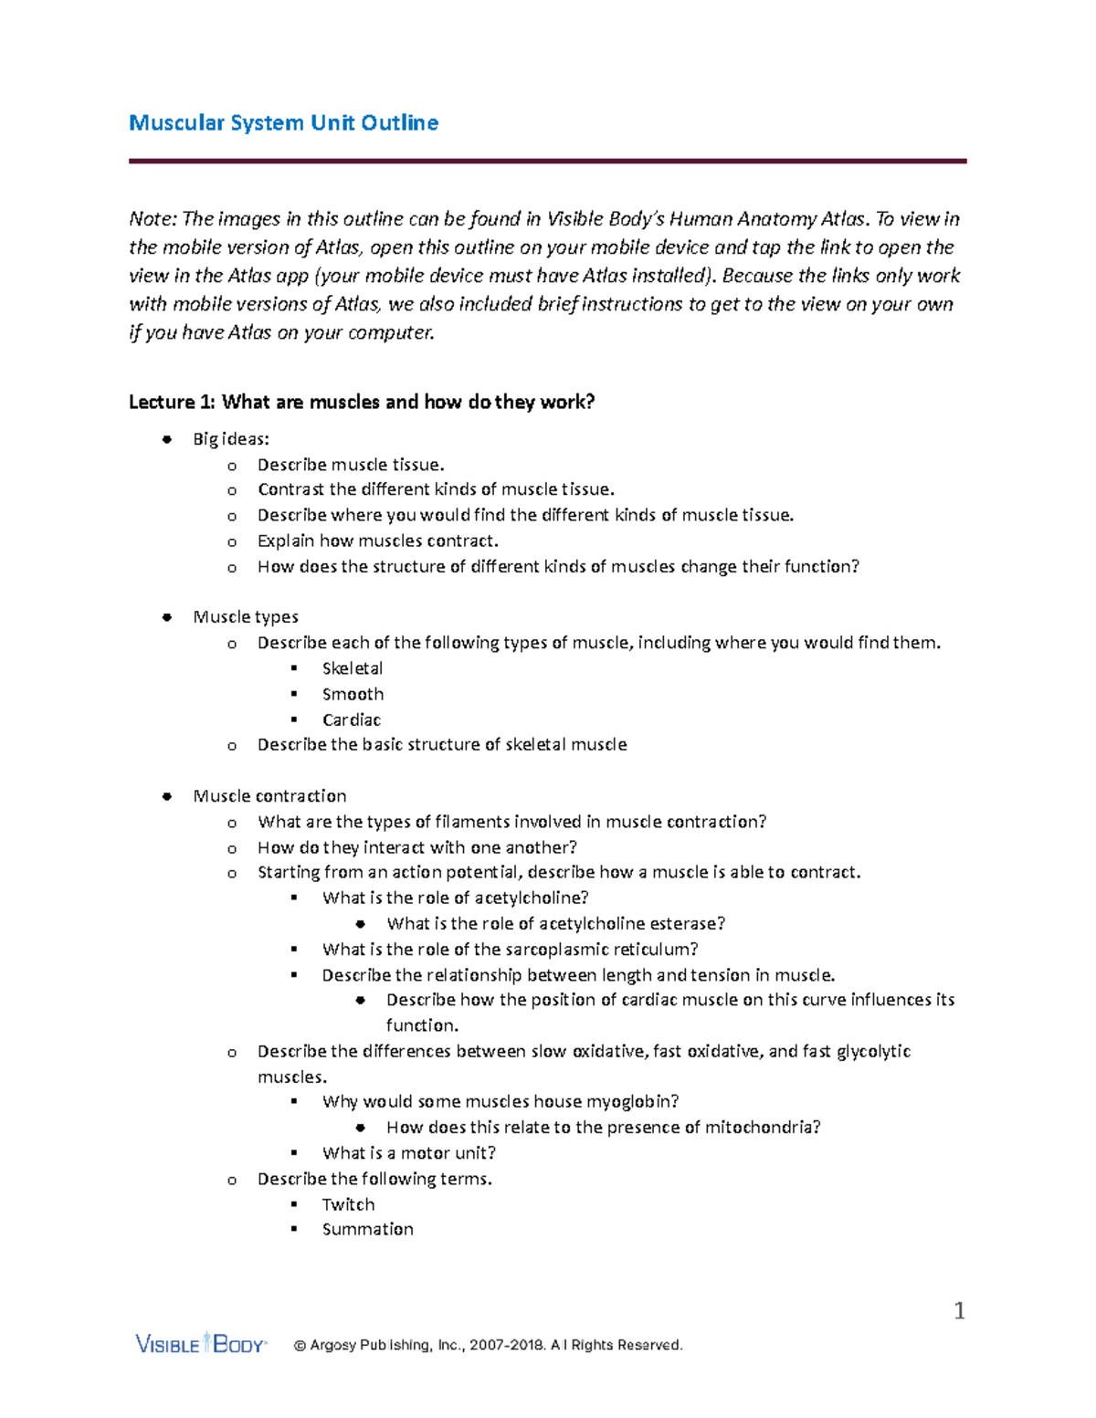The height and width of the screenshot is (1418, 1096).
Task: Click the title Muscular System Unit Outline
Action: [283, 122]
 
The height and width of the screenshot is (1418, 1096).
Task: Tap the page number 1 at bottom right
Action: [959, 1311]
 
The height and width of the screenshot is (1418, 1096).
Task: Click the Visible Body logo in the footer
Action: [200, 1343]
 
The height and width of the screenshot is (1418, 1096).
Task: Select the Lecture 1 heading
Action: [362, 402]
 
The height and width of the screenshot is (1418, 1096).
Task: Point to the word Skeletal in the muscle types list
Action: [353, 668]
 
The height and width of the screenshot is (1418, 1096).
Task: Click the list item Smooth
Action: [353, 694]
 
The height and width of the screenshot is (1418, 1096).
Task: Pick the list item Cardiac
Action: [351, 720]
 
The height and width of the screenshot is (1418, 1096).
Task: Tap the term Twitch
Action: [348, 1204]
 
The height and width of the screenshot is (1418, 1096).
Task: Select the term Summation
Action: [367, 1229]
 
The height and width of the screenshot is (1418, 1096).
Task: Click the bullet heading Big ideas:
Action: [231, 439]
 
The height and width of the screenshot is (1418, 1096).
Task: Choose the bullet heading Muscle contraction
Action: [269, 796]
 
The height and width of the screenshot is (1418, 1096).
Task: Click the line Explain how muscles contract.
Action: [377, 541]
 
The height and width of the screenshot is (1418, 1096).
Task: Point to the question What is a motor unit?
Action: [408, 1152]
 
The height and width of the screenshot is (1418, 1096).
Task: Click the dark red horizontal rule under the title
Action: [547, 162]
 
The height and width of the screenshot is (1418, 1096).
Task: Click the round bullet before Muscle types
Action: [167, 617]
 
